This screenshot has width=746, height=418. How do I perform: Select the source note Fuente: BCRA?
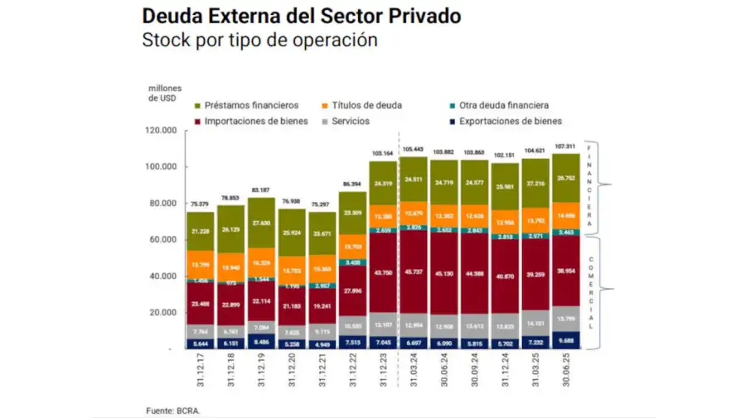[173, 410]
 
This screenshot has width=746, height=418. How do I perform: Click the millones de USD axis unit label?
[165, 94]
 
